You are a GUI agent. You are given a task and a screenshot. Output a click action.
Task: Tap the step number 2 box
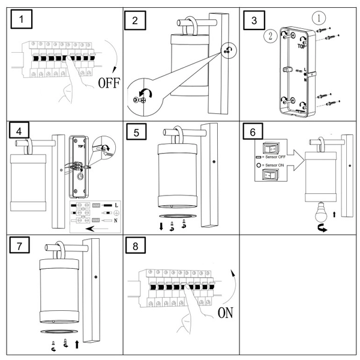[x=136, y=21]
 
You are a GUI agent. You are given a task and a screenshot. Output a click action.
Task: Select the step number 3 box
[x=254, y=21]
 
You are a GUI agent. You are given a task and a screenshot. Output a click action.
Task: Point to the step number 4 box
[x=21, y=131]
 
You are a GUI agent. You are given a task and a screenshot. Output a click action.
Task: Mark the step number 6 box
[x=254, y=133]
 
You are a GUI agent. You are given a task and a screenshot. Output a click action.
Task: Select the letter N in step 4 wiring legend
[x=116, y=221]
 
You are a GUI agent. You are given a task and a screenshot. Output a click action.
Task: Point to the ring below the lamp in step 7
[x=60, y=331]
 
